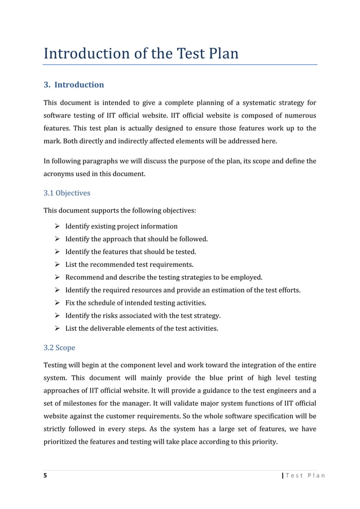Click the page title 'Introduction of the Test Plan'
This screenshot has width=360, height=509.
141,54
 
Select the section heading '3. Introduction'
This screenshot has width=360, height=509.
74,85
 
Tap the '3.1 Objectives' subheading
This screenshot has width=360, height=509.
67,193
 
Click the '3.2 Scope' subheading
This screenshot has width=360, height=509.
59,348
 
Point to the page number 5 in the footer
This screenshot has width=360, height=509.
46,475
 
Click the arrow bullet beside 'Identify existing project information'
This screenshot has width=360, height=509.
56,226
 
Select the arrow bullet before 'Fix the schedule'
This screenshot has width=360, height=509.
56,303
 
